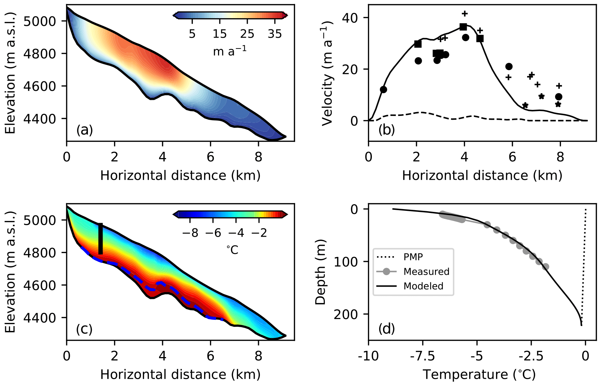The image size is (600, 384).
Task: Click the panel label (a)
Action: (x=84, y=130)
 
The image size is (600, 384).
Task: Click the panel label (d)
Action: (x=387, y=328)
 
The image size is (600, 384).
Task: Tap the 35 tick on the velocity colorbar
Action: (x=275, y=34)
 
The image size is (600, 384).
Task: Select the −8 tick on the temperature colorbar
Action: (x=190, y=233)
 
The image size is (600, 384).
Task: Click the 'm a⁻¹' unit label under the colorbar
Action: (x=230, y=51)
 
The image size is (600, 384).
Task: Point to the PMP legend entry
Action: (x=413, y=257)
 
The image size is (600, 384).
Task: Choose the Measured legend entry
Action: (x=426, y=272)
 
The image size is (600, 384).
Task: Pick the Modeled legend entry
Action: (x=423, y=286)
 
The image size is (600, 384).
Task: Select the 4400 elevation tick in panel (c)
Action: (x=39, y=318)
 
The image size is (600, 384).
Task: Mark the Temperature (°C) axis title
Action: (x=479, y=375)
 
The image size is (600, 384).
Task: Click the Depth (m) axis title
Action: (x=320, y=272)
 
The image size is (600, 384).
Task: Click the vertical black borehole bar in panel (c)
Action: (x=100, y=239)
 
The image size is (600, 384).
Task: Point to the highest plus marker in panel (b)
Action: (x=464, y=14)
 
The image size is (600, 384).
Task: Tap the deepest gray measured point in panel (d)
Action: (x=546, y=267)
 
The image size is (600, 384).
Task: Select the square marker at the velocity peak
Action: (x=463, y=27)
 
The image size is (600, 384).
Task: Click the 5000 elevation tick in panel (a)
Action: (x=39, y=21)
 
